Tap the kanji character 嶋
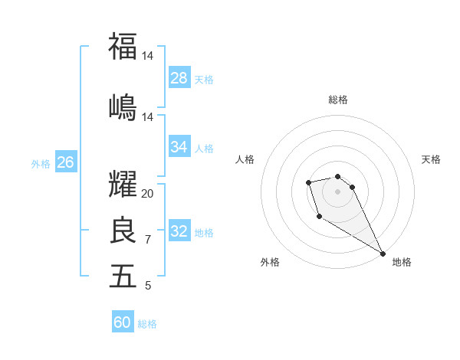pyautogui.click(x=123, y=106)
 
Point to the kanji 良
pyautogui.click(x=123, y=230)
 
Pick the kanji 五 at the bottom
pyautogui.click(x=123, y=276)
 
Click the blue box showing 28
pyautogui.click(x=179, y=78)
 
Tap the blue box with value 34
pyautogui.click(x=179, y=147)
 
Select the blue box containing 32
pyautogui.click(x=179, y=231)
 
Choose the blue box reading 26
pyautogui.click(x=66, y=162)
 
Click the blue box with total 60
pyautogui.click(x=123, y=322)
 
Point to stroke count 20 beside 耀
pyautogui.click(x=148, y=194)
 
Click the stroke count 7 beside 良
pyautogui.click(x=148, y=240)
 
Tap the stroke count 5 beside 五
pyautogui.click(x=148, y=286)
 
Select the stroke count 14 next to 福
pyautogui.click(x=148, y=56)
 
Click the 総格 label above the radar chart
pyautogui.click(x=337, y=100)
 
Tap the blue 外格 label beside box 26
pyautogui.click(x=41, y=163)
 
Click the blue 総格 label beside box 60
pyautogui.click(x=147, y=324)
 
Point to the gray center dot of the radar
pyautogui.click(x=337, y=191)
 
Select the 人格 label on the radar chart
pyautogui.click(x=245, y=159)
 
